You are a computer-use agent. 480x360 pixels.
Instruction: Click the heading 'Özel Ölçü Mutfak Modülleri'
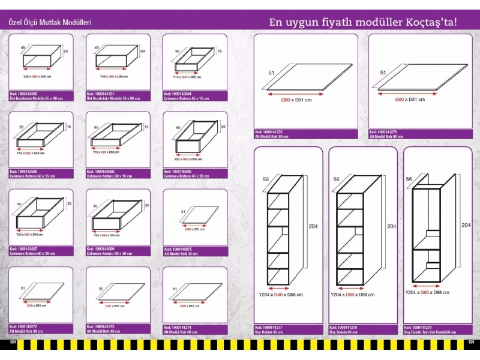click(x=49, y=22)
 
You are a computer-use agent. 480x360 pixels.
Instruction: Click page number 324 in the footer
click(x=11, y=342)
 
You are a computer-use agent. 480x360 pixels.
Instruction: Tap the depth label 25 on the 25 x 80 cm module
click(x=66, y=52)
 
